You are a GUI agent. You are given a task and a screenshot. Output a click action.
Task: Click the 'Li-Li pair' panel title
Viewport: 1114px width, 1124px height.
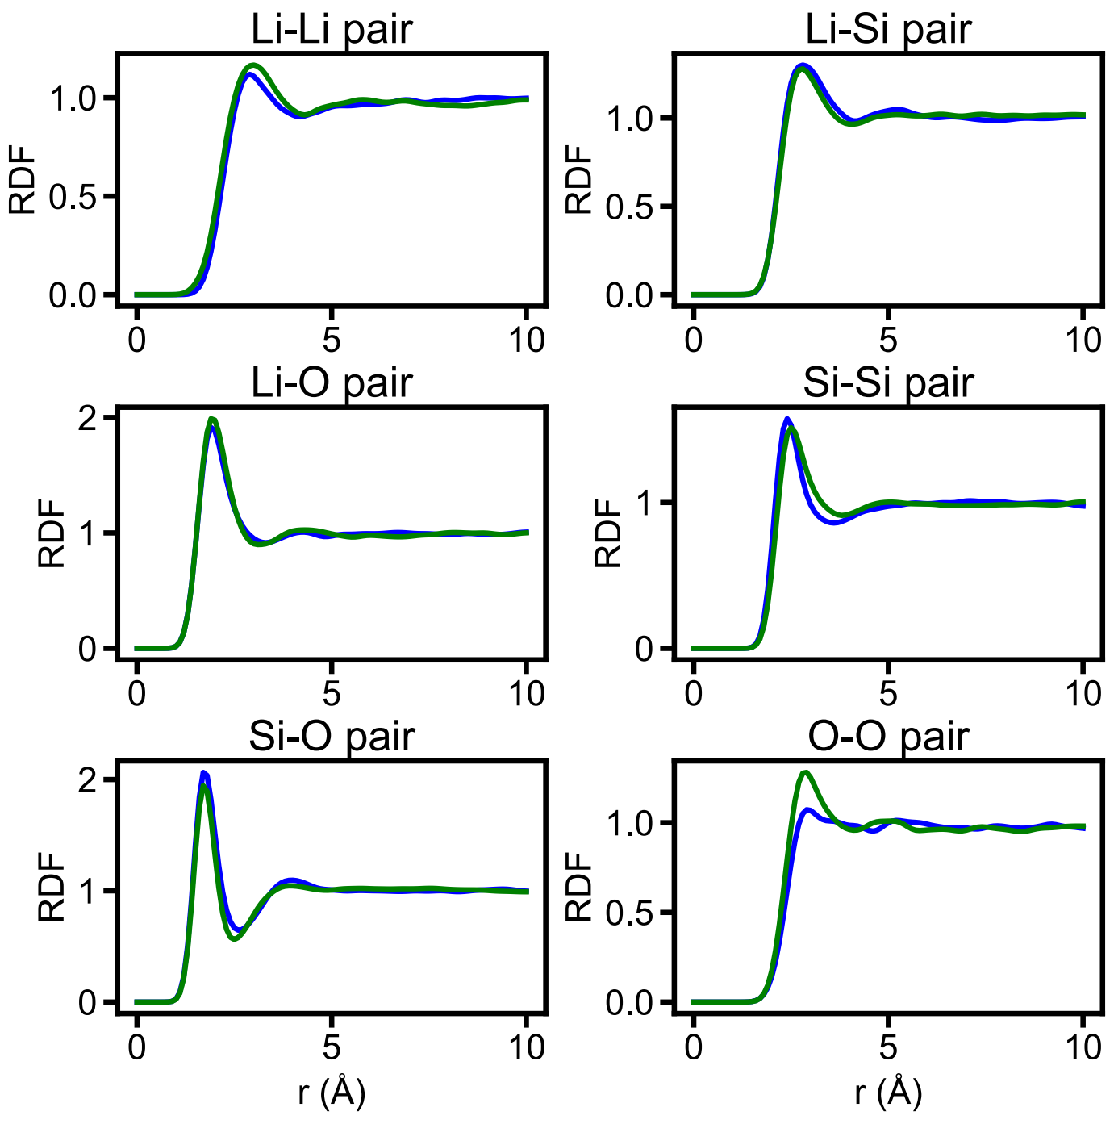[x=332, y=30]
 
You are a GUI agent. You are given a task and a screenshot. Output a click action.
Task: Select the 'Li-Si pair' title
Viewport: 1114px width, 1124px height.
[x=888, y=30]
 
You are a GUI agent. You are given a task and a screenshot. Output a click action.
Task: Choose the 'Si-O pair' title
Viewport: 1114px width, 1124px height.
[x=332, y=736]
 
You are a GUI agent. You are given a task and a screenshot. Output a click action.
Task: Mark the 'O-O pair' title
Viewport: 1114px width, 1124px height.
[x=888, y=736]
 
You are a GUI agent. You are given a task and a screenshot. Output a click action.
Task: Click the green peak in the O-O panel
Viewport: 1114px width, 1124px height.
[x=804, y=772]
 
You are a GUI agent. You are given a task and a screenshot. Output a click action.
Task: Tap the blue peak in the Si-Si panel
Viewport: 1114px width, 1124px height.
[x=787, y=419]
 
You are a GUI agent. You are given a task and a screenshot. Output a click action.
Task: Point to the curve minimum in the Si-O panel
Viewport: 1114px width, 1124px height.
[x=235, y=938]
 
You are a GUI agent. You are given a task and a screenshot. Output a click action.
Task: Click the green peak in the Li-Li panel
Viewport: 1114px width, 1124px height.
[x=254, y=65]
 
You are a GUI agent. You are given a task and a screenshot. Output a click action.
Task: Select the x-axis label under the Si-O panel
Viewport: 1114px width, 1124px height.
[x=332, y=1093]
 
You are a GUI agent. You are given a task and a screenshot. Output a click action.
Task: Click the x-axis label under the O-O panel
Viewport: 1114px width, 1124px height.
[x=888, y=1093]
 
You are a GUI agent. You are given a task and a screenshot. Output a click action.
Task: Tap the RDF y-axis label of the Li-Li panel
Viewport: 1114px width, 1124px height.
[x=22, y=179]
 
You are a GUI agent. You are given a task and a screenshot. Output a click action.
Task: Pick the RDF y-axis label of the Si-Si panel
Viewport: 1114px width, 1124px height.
[x=608, y=533]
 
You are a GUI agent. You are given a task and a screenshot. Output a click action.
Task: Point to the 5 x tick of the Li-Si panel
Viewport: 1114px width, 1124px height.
[x=888, y=341]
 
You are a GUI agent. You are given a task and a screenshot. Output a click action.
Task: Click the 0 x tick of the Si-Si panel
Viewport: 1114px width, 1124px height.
[x=694, y=694]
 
